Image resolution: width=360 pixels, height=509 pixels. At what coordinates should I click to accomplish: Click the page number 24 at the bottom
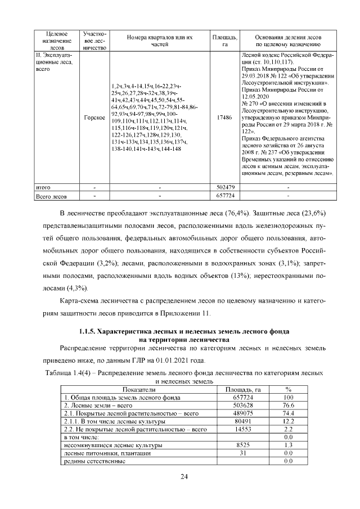click(183, 477)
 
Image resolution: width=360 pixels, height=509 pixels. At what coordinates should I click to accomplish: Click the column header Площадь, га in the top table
click(224, 40)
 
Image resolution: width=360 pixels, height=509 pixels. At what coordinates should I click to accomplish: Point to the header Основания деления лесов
click(288, 37)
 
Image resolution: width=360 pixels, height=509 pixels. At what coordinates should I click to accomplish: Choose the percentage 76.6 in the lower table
click(289, 405)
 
